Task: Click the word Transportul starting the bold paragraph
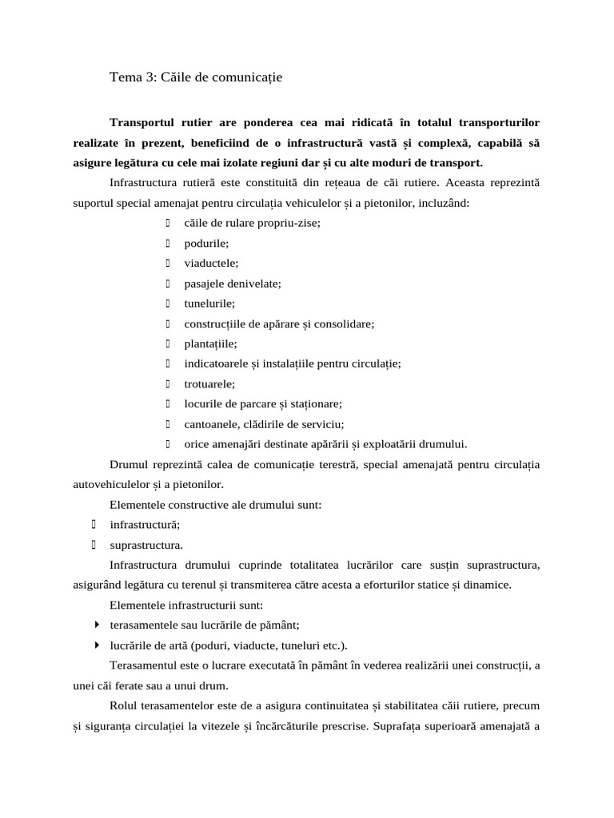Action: (145, 122)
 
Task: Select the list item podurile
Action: (206, 243)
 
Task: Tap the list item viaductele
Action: (211, 263)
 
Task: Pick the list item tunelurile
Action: (209, 304)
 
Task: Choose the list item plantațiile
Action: (210, 343)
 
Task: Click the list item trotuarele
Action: (209, 384)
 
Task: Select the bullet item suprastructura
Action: (146, 546)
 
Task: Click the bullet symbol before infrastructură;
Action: (94, 525)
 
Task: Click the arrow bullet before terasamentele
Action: (97, 625)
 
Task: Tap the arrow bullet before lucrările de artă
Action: (97, 645)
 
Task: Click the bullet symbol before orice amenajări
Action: (169, 444)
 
